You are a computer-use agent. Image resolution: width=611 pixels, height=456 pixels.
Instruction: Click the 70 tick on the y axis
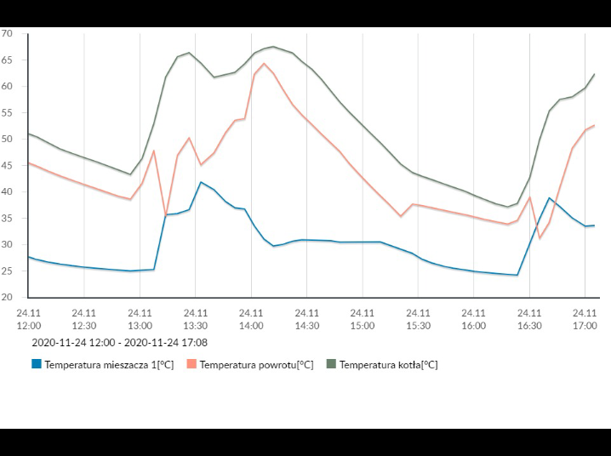pyautogui.click(x=7, y=34)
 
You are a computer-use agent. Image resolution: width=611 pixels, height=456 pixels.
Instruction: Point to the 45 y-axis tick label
pyautogui.click(x=7, y=165)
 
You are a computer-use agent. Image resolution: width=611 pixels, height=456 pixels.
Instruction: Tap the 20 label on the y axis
pyautogui.click(x=7, y=297)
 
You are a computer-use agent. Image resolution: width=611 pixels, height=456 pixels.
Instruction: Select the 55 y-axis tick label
pyautogui.click(x=7, y=113)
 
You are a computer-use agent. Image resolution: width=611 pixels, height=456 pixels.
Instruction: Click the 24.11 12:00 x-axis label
pyautogui.click(x=28, y=318)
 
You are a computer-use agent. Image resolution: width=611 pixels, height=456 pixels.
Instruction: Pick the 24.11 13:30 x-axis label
pyautogui.click(x=195, y=318)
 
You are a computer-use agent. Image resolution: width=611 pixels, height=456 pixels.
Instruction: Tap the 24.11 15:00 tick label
pyautogui.click(x=362, y=318)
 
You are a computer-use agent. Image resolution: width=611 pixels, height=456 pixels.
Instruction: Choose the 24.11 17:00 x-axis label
pyautogui.click(x=585, y=318)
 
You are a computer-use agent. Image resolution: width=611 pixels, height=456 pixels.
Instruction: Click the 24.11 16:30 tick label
pyautogui.click(x=528, y=318)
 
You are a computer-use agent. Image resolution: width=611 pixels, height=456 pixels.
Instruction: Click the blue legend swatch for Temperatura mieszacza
pyautogui.click(x=37, y=364)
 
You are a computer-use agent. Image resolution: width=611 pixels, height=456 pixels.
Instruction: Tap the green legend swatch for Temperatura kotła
pyautogui.click(x=331, y=364)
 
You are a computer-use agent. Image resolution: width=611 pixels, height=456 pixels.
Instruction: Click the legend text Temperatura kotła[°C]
pyautogui.click(x=389, y=365)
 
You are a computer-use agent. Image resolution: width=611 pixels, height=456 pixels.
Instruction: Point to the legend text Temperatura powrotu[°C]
pyautogui.click(x=257, y=365)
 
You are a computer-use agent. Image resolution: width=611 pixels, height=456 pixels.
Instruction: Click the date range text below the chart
pyautogui.click(x=119, y=343)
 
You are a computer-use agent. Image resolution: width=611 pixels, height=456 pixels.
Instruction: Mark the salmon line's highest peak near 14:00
pyautogui.click(x=264, y=63)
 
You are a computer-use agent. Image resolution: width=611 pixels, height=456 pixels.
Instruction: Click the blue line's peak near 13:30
pyautogui.click(x=201, y=182)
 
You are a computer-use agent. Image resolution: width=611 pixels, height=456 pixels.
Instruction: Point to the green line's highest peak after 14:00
pyautogui.click(x=273, y=47)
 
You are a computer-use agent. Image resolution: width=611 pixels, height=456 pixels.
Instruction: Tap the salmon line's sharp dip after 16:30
pyautogui.click(x=540, y=237)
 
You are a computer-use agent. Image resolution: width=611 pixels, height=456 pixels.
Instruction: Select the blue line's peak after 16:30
pyautogui.click(x=550, y=198)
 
